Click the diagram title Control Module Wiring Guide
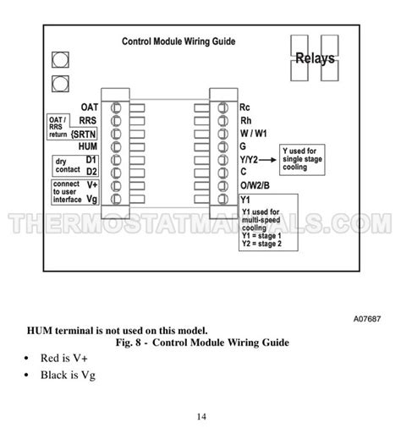tap(179, 41)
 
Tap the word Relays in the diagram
tap(315, 59)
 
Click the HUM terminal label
tap(90, 146)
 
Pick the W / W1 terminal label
tap(255, 133)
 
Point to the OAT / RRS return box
tap(56, 126)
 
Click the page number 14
tap(200, 415)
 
